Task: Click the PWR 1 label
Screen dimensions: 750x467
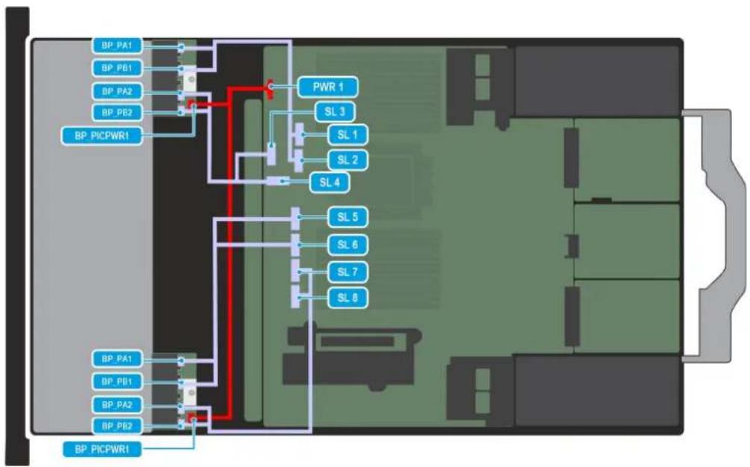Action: [327, 87]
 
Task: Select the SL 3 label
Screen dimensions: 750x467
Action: [335, 112]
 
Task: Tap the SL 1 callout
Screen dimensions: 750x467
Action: [347, 135]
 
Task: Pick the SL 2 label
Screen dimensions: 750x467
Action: [347, 160]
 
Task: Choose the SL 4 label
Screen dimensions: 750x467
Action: [330, 182]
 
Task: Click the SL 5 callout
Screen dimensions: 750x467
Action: [347, 217]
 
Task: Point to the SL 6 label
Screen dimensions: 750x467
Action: [347, 245]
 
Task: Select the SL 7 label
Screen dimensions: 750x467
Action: [347, 272]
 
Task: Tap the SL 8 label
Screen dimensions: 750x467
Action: [347, 298]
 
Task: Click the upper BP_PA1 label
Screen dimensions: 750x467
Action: [117, 46]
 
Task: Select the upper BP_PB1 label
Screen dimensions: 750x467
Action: [117, 68]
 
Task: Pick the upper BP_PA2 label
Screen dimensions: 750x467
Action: [117, 91]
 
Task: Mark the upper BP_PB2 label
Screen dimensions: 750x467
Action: [117, 113]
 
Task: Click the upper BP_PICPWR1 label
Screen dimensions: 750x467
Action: [102, 136]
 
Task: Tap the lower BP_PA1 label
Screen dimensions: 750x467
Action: [117, 358]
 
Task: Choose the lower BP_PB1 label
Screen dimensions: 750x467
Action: [117, 381]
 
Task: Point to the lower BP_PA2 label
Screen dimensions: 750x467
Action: [117, 405]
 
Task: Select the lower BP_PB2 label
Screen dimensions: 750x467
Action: [117, 425]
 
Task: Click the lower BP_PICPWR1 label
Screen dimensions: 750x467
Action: [102, 449]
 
